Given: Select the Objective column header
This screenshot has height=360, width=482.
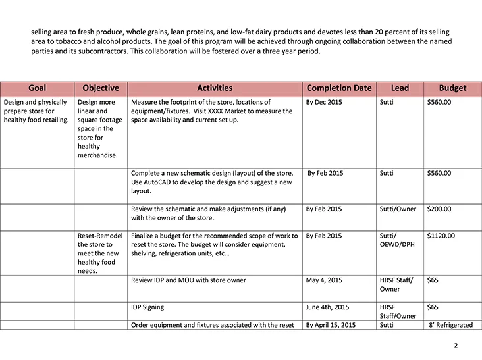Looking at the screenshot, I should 101,88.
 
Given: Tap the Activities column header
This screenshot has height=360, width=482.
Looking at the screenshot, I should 215,88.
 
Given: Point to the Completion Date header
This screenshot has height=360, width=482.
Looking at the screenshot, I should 339,88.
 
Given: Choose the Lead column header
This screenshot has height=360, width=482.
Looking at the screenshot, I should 400,88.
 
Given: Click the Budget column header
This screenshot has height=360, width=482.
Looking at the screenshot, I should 452,88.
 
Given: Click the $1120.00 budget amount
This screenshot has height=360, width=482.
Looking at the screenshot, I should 441,236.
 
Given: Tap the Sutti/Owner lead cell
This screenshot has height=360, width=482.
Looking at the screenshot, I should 398,209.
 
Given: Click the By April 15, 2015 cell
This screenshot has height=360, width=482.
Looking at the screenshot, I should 331,325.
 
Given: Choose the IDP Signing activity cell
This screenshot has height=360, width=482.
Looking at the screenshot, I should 148,307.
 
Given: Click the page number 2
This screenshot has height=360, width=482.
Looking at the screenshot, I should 456,346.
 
